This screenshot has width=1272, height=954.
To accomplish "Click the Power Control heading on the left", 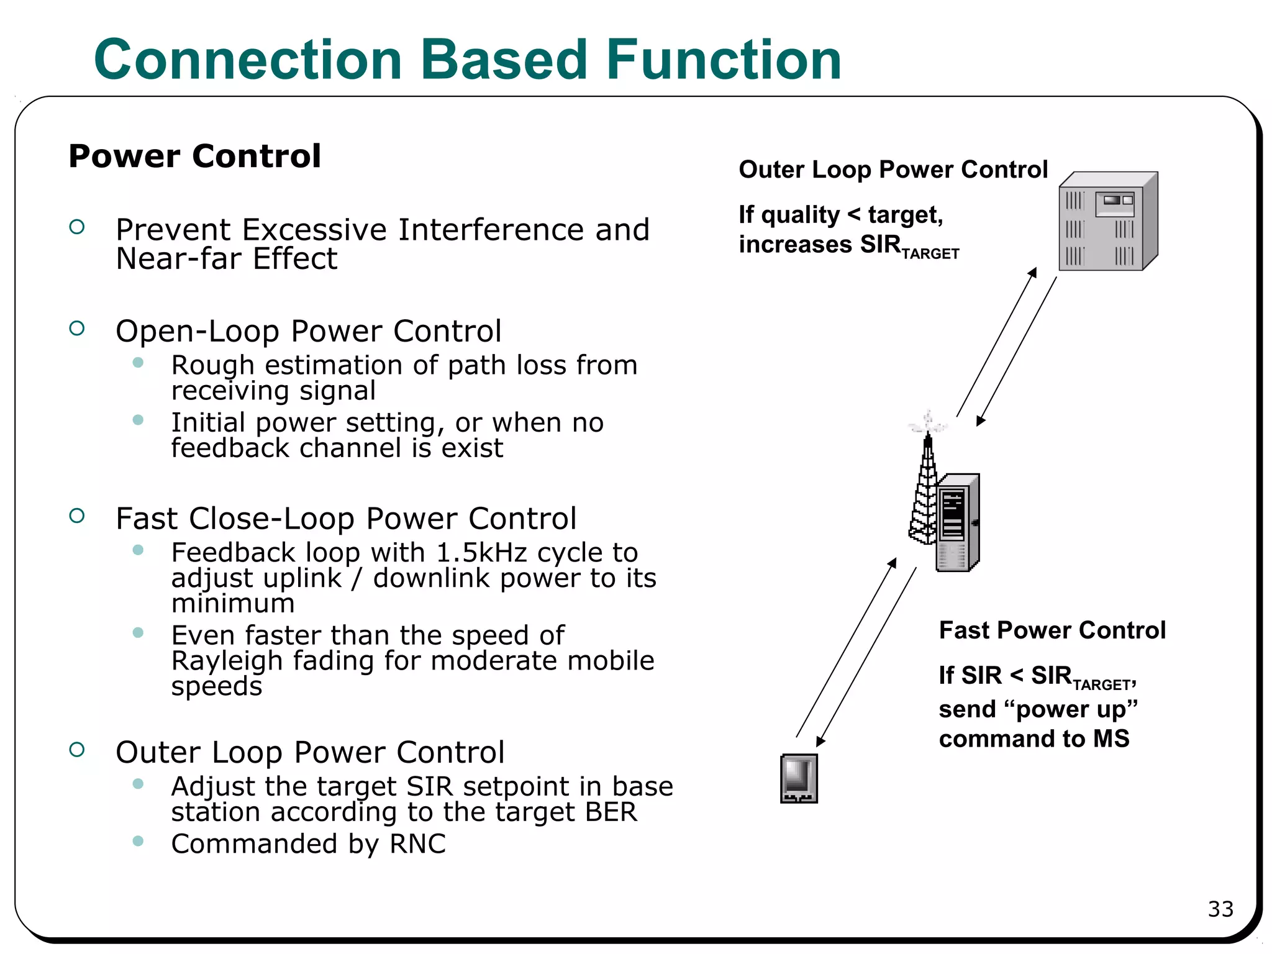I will point(194,156).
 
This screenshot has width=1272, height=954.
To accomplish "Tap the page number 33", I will point(1220,909).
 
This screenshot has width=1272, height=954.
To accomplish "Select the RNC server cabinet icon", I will point(1107,222).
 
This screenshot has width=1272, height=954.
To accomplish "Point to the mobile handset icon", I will point(799,778).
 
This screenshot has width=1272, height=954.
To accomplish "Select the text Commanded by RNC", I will point(308,844).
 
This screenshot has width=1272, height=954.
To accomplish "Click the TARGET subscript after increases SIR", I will point(930,254).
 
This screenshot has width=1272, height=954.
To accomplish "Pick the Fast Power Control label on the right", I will point(1052,630).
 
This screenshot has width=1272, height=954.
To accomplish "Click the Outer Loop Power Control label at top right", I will point(893,170).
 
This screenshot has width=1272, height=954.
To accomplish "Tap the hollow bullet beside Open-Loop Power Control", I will point(77,329).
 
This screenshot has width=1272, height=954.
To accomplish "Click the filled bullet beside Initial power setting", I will point(138,420).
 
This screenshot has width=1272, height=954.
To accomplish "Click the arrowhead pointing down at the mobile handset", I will point(820,742).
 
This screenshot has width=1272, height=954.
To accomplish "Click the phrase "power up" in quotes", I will point(1070,709).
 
